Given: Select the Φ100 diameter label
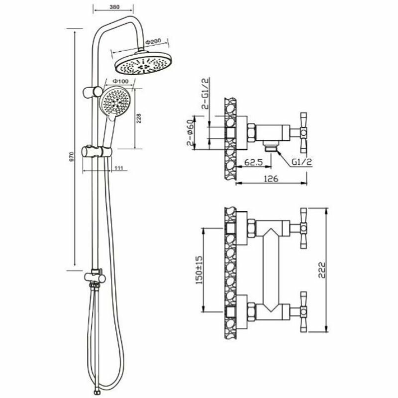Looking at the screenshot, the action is point(121,81).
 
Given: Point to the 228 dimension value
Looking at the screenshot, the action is point(140,118).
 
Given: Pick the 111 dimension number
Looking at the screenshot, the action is point(119,168).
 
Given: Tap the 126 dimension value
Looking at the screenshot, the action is point(270,178).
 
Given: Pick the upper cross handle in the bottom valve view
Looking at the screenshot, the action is point(301,228).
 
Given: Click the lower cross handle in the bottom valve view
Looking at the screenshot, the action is point(301,311).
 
